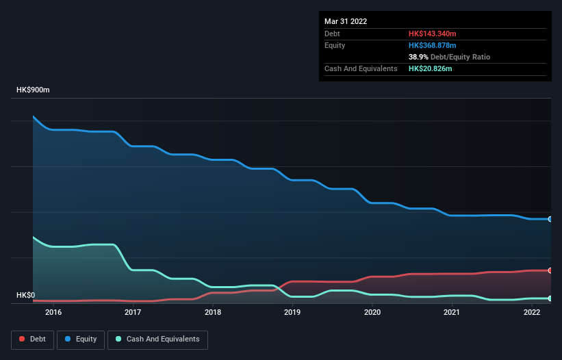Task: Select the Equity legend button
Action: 81,339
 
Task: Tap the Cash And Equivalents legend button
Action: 157,339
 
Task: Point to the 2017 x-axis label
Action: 133,313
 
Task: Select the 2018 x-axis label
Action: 213,313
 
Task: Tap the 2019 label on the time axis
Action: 292,313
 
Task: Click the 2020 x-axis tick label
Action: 372,313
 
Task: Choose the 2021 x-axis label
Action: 452,313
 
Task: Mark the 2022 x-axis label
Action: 532,313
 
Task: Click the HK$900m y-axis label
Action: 34,90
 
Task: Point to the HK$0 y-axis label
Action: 25,296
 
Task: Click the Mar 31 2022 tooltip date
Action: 346,21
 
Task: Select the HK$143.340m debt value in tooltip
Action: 432,34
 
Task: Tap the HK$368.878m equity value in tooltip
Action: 432,45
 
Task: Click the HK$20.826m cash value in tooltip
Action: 430,68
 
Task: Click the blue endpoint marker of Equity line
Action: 550,219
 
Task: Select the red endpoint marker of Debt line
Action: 550,270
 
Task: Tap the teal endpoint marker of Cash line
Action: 550,298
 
